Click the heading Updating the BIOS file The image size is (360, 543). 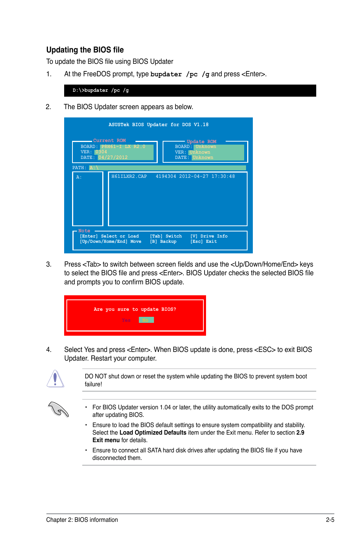pyautogui.click(x=85, y=50)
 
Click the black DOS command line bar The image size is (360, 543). pyautogui.click(x=190, y=91)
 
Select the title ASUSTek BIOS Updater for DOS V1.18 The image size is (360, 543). pyautogui.click(x=158, y=125)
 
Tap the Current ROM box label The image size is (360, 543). pyautogui.click(x=109, y=140)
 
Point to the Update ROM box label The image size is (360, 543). pyautogui.click(x=201, y=142)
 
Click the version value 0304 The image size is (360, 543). pyautogui.click(x=101, y=152)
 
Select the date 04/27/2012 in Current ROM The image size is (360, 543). pyautogui.click(x=113, y=157)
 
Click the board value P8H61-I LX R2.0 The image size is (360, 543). pyautogui.click(x=123, y=147)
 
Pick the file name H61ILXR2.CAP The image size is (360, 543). pyautogui.click(x=129, y=176)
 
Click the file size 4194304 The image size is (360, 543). pyautogui.click(x=166, y=176)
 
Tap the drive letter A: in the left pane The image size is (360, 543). pyautogui.click(x=79, y=177)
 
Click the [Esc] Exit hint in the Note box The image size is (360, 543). pyautogui.click(x=203, y=242)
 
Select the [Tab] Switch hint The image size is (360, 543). pyautogui.click(x=166, y=236)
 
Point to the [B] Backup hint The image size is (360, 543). pyautogui.click(x=163, y=242)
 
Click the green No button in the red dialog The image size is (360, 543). pyautogui.click(x=146, y=320)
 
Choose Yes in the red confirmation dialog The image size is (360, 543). pyautogui.click(x=126, y=320)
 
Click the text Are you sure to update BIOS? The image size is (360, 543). pyautogui.click(x=135, y=309)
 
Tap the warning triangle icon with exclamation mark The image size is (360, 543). pyautogui.click(x=55, y=379)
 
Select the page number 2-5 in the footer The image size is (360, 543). pyautogui.click(x=330, y=520)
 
